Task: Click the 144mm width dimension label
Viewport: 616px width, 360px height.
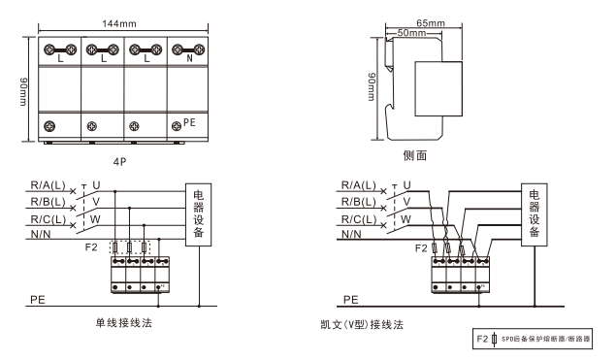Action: [x=119, y=23]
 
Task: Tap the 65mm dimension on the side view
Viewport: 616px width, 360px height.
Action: [x=431, y=23]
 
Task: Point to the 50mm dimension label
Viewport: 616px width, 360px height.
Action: [x=411, y=33]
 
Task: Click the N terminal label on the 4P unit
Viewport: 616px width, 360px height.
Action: [x=189, y=58]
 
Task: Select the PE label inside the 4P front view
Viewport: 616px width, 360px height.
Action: [x=189, y=122]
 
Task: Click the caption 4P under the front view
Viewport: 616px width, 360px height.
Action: [x=120, y=161]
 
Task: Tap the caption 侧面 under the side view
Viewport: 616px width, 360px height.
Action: [x=415, y=155]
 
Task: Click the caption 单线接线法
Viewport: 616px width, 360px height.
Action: [x=124, y=323]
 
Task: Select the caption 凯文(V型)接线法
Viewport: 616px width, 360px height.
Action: [x=362, y=325]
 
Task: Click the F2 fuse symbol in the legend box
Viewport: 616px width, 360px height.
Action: [x=494, y=339]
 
